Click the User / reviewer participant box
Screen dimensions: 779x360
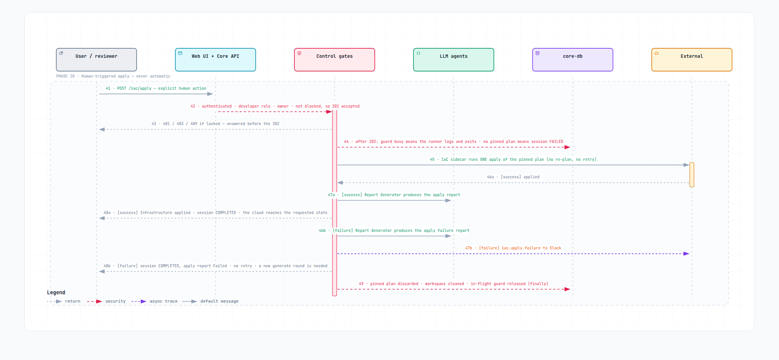96,60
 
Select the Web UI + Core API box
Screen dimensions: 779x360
215,60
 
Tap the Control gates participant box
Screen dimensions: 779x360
334,60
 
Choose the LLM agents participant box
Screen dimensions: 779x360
453,60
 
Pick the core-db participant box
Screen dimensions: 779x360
572,60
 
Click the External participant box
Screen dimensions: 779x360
692,60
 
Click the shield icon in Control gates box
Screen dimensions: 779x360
299,53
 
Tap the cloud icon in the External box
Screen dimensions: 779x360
657,53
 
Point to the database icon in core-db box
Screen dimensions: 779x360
537,53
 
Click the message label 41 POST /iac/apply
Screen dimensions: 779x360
156,88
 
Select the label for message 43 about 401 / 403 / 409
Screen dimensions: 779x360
215,124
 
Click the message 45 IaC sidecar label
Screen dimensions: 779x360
513,159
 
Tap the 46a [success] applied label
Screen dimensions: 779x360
513,177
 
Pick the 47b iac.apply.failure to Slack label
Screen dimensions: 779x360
513,248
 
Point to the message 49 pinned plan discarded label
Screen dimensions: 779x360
453,284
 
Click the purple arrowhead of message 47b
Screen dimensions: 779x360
686,254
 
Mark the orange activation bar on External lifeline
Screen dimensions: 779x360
692,174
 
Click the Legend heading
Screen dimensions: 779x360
56,292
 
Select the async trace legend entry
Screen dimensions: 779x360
154,301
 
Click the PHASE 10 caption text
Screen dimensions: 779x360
113,76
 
